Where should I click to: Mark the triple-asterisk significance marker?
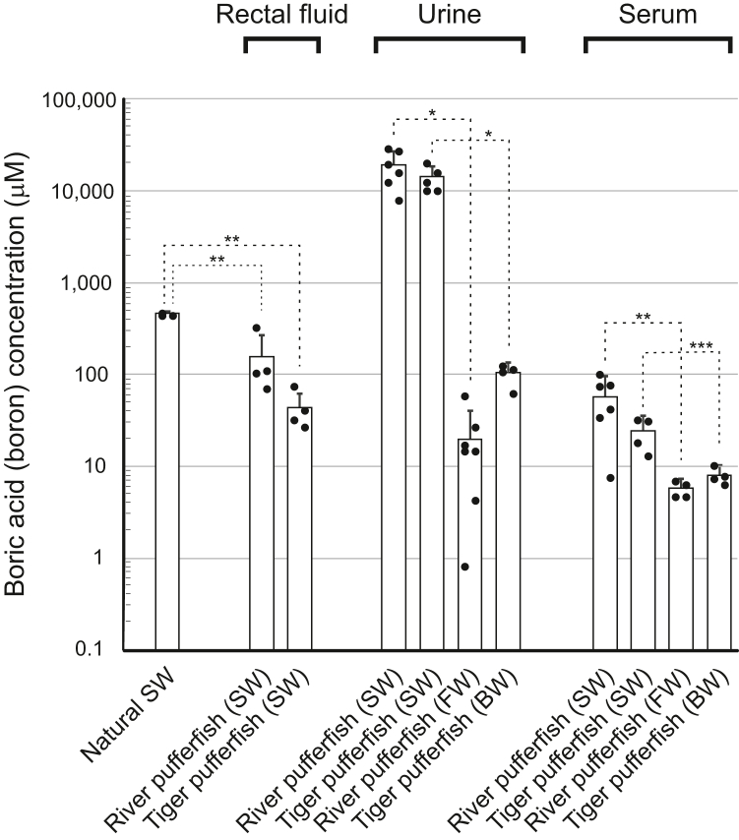(701, 346)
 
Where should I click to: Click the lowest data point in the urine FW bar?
(464, 594)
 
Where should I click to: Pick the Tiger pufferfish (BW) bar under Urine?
(509, 510)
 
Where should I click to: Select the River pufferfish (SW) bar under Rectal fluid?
(262, 502)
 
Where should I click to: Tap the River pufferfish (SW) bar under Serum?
(604, 522)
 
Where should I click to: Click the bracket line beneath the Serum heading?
(658, 40)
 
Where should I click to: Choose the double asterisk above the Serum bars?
(642, 318)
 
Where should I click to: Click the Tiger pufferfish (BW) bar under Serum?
(719, 562)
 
